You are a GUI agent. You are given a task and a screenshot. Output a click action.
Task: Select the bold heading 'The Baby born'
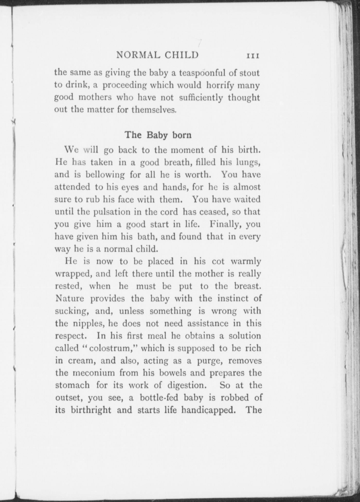pos(158,135)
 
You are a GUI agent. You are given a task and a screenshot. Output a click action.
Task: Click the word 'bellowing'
pos(105,175)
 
